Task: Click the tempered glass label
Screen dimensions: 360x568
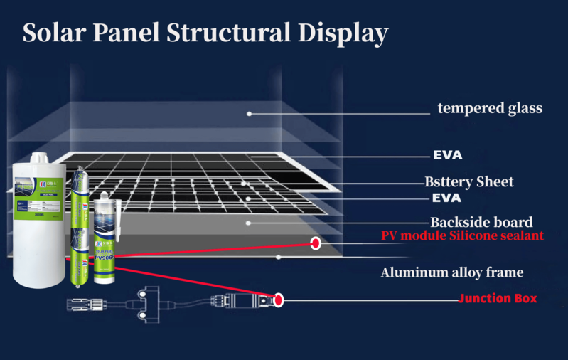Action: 490,109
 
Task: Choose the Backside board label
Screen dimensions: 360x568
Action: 481,221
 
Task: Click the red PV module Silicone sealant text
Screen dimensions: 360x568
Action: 462,235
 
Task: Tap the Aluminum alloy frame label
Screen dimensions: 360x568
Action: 452,272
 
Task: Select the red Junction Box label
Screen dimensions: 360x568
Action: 498,299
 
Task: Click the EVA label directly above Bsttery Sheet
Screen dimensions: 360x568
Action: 447,155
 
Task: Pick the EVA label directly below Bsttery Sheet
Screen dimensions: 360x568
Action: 447,198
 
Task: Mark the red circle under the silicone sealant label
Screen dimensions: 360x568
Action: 315,243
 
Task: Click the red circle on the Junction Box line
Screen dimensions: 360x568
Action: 279,300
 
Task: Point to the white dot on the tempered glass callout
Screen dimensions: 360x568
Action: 250,113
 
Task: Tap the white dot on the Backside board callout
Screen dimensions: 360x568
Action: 249,223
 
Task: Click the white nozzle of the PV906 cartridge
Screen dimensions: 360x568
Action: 105,197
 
